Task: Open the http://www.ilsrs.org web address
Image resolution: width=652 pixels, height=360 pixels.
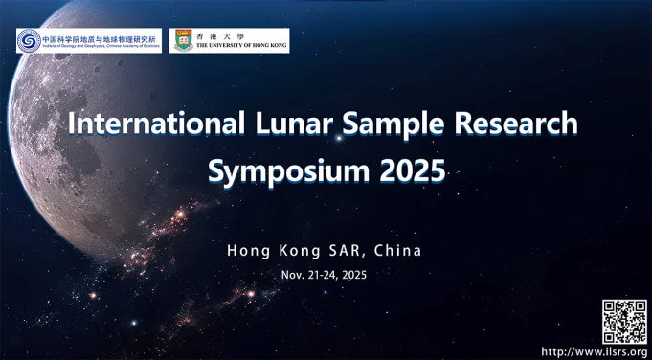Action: pos(595,350)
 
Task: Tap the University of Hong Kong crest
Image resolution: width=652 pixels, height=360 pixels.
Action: pos(180,40)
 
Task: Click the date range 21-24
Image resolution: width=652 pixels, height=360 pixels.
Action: pos(322,275)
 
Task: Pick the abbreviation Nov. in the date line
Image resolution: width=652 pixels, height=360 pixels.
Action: pos(293,275)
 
